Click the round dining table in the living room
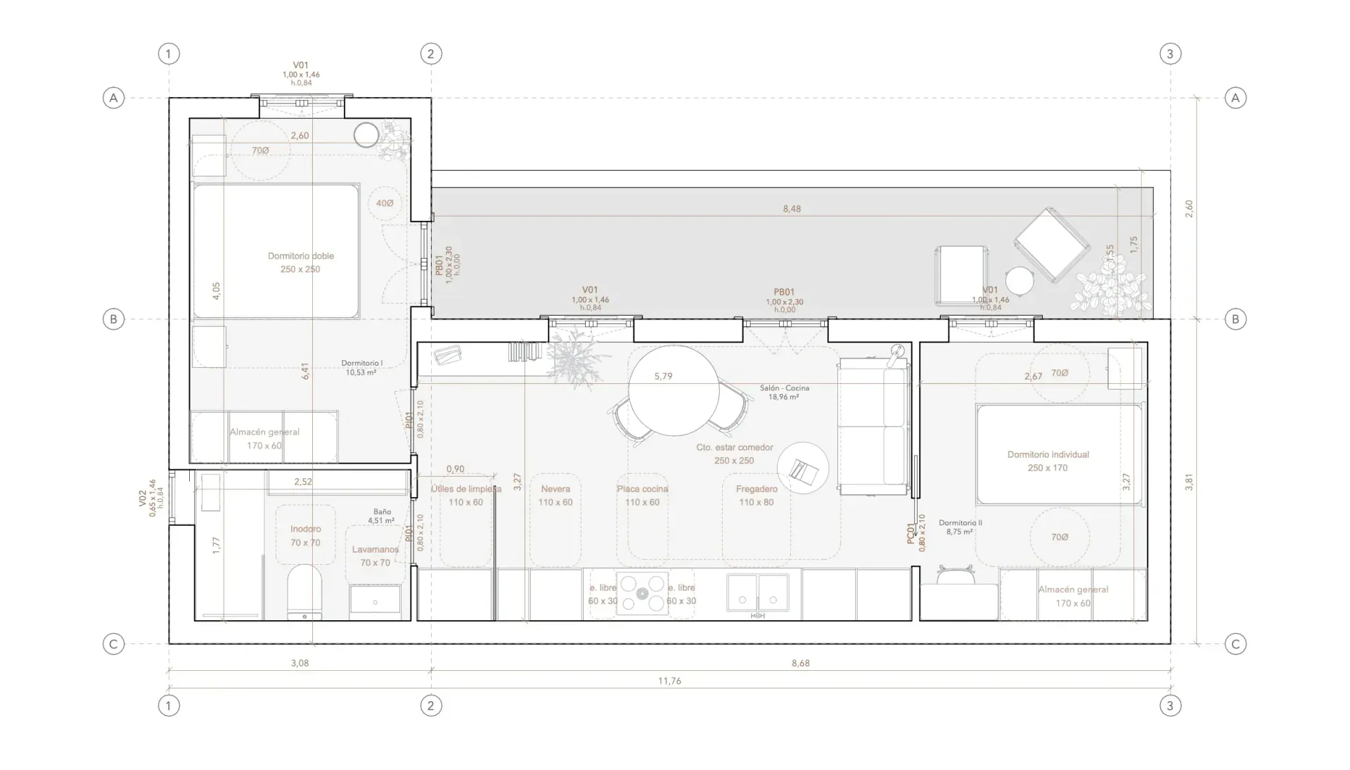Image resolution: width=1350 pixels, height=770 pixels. tap(674, 391)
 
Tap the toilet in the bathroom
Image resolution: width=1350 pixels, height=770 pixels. tap(304, 592)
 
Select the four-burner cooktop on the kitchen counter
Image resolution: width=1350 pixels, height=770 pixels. tap(642, 593)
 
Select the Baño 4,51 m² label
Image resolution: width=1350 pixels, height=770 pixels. tap(381, 516)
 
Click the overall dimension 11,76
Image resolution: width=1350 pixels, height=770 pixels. tap(669, 681)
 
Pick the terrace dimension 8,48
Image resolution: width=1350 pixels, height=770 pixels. tap(792, 209)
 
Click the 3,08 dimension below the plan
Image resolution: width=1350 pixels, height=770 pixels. tap(300, 663)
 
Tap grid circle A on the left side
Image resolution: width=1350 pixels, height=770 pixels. tap(114, 98)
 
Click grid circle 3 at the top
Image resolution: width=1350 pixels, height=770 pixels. tap(1170, 53)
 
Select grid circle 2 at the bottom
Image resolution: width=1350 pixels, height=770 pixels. tap(431, 705)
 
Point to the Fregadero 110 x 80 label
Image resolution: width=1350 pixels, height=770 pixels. tap(757, 495)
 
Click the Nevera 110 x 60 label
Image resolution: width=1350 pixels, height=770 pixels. tap(555, 495)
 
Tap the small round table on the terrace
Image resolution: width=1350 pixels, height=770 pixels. tap(1020, 281)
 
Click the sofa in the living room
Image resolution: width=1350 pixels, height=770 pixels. tap(873, 427)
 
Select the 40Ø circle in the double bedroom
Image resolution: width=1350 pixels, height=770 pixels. tap(385, 203)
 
